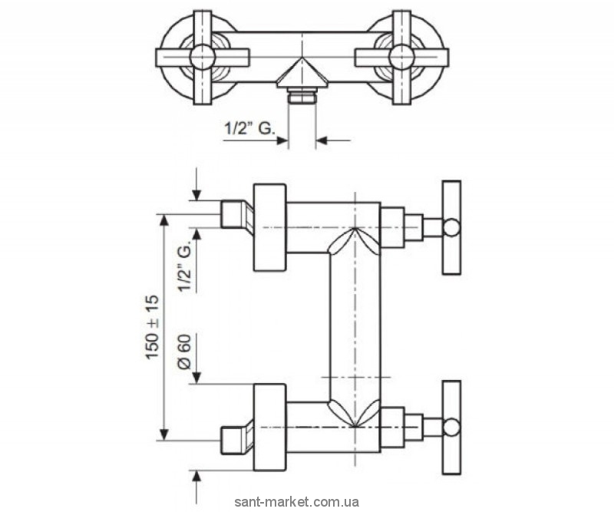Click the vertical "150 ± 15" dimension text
(x=152, y=327)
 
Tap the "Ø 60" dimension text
(x=183, y=353)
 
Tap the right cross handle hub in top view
(x=401, y=56)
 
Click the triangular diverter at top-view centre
(x=301, y=74)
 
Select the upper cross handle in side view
(x=451, y=227)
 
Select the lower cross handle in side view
(x=451, y=426)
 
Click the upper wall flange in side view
(x=269, y=228)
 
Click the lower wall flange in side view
(x=269, y=427)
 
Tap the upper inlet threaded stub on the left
(x=232, y=214)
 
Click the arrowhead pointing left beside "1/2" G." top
(x=322, y=140)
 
